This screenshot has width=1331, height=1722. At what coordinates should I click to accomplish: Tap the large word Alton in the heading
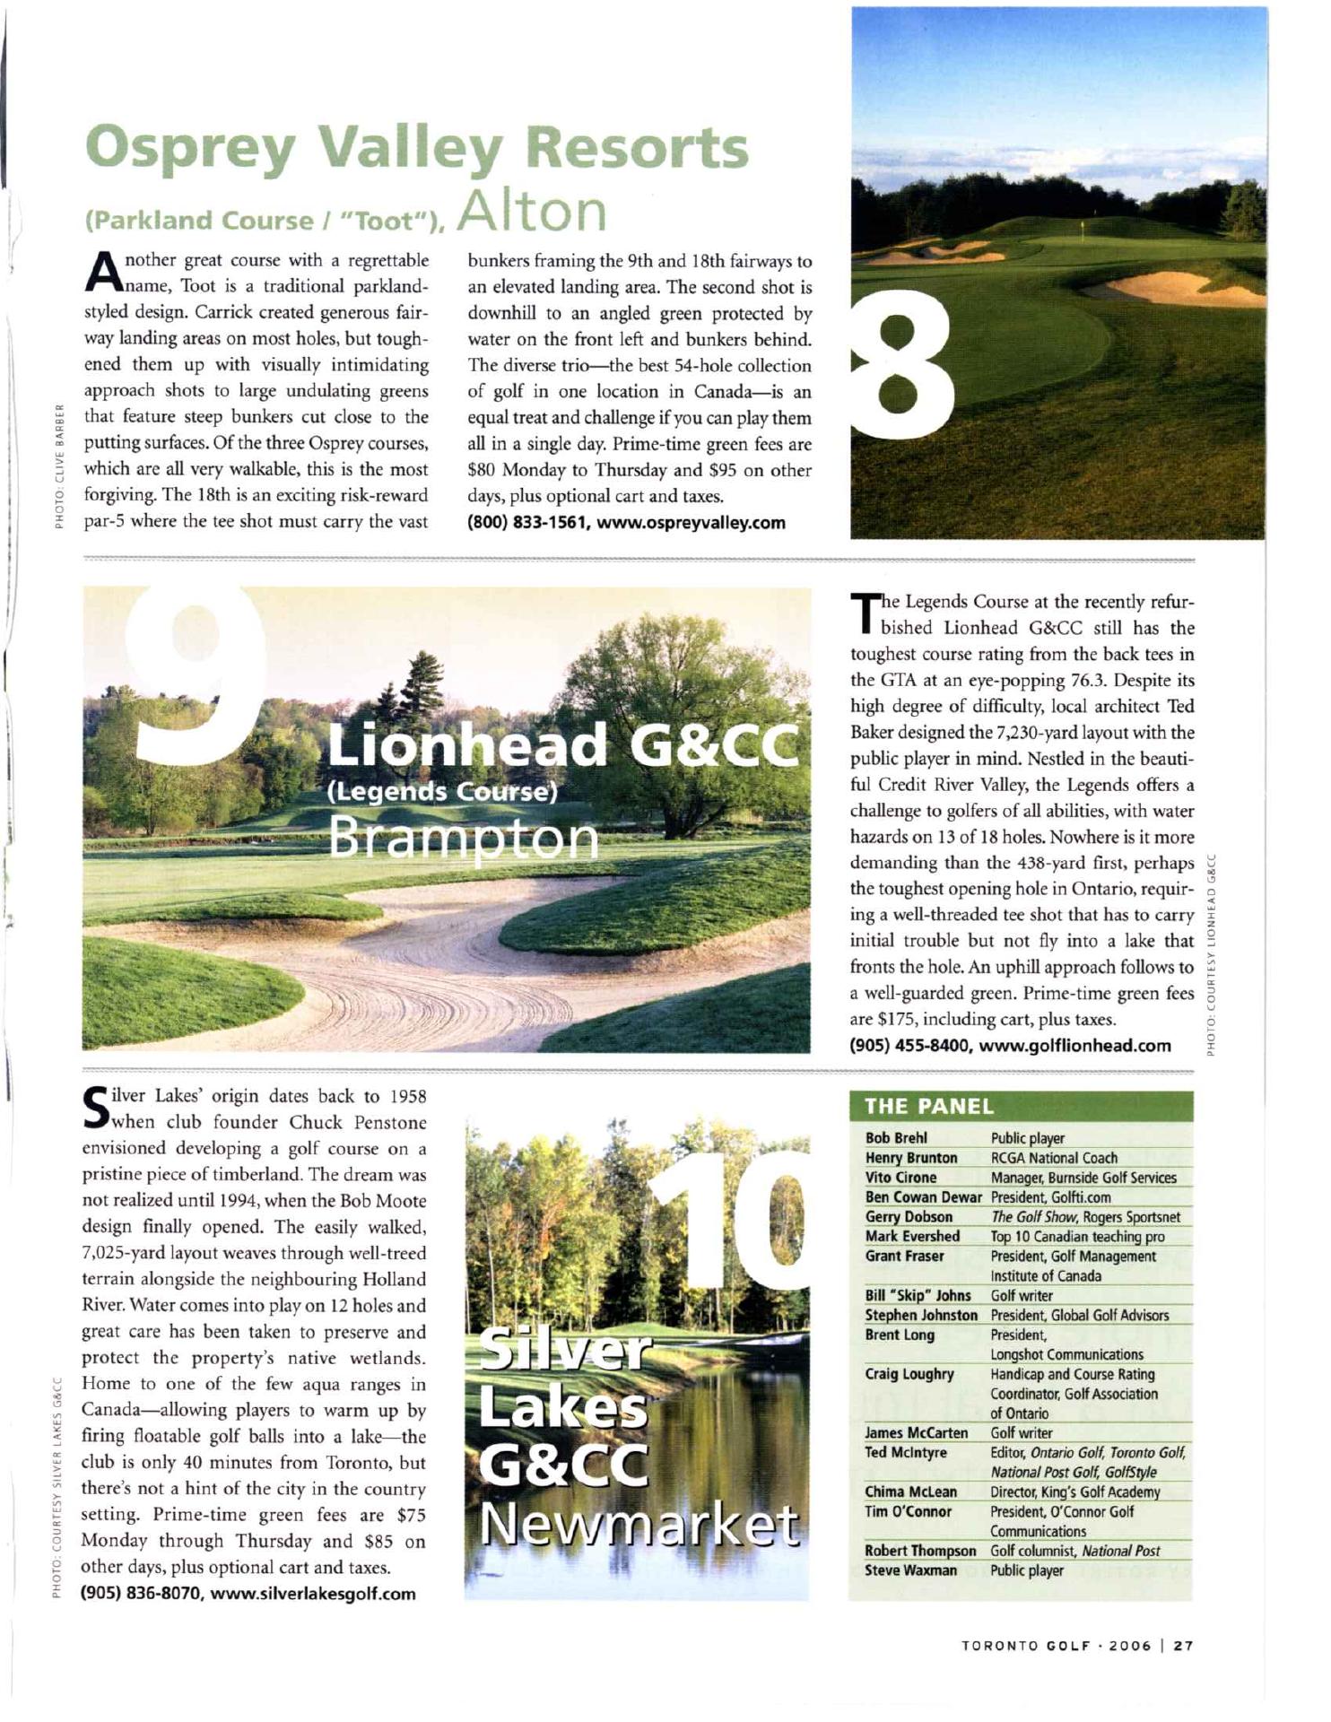(x=532, y=211)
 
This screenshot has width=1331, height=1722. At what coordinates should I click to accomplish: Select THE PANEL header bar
(x=1020, y=1106)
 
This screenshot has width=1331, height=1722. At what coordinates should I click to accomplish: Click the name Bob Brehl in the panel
(x=896, y=1138)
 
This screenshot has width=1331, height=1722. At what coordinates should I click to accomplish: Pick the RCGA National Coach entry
(x=1054, y=1158)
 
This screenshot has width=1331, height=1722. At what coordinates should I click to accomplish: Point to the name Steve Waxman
(x=910, y=1570)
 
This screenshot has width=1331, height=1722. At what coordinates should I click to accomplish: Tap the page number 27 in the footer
(x=1184, y=1646)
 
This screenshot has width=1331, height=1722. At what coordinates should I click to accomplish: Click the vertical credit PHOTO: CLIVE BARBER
(x=59, y=466)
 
